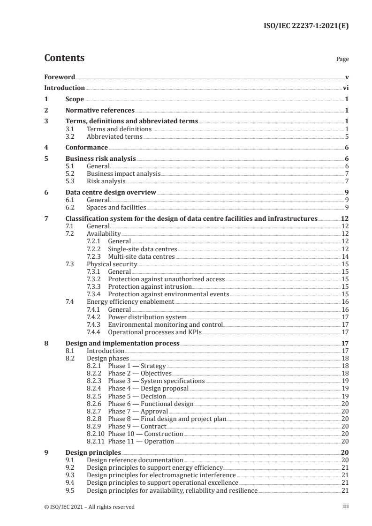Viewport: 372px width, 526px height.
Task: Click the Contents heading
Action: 64,58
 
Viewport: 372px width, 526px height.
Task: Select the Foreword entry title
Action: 60,77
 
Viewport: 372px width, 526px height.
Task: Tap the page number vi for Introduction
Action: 345,88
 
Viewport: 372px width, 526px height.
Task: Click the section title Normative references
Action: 100,111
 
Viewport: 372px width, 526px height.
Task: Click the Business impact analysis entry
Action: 124,173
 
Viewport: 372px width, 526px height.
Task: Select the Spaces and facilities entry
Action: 116,207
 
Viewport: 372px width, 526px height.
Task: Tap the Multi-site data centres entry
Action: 141,256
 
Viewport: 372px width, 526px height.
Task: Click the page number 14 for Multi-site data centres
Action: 345,256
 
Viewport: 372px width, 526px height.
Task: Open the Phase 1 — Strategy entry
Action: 137,366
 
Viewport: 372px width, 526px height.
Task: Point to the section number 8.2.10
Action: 97,434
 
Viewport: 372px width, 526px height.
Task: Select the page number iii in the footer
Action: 346,506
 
